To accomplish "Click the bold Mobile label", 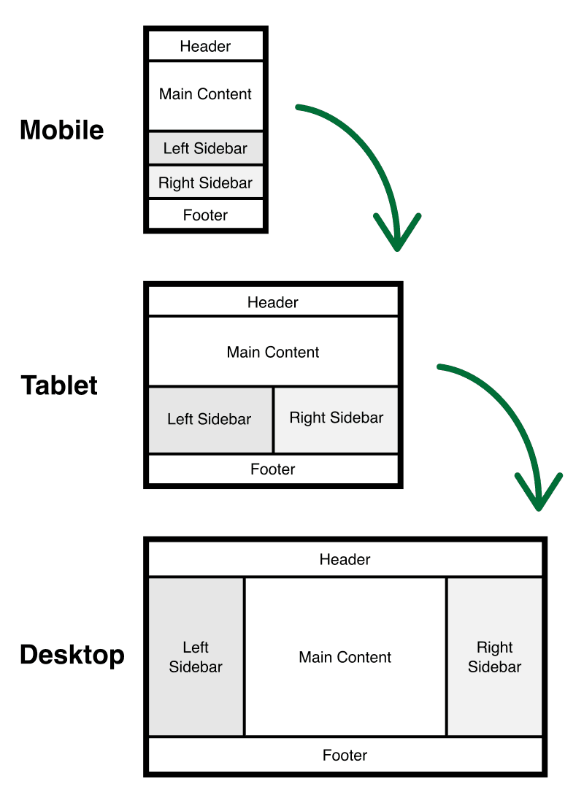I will (62, 130).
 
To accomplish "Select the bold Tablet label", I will (59, 385).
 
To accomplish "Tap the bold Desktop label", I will (72, 654).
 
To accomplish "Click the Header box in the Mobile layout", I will (205, 46).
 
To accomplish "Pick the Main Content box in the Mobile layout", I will (205, 95).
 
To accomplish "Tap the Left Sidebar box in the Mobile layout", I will (205, 148).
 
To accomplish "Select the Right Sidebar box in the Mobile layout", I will (205, 182).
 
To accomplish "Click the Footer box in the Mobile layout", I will (205, 215).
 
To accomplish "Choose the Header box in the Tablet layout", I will (273, 301).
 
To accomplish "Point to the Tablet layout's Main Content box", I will (273, 352).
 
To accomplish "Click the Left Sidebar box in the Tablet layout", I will (210, 420).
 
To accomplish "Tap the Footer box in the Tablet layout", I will (273, 469).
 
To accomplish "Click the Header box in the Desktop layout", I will (345, 560).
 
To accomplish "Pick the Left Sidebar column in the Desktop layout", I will (196, 656).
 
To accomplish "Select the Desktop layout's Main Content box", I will (345, 657).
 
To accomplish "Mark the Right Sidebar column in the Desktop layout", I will (495, 656).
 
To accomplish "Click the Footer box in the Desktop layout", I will (345, 756).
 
